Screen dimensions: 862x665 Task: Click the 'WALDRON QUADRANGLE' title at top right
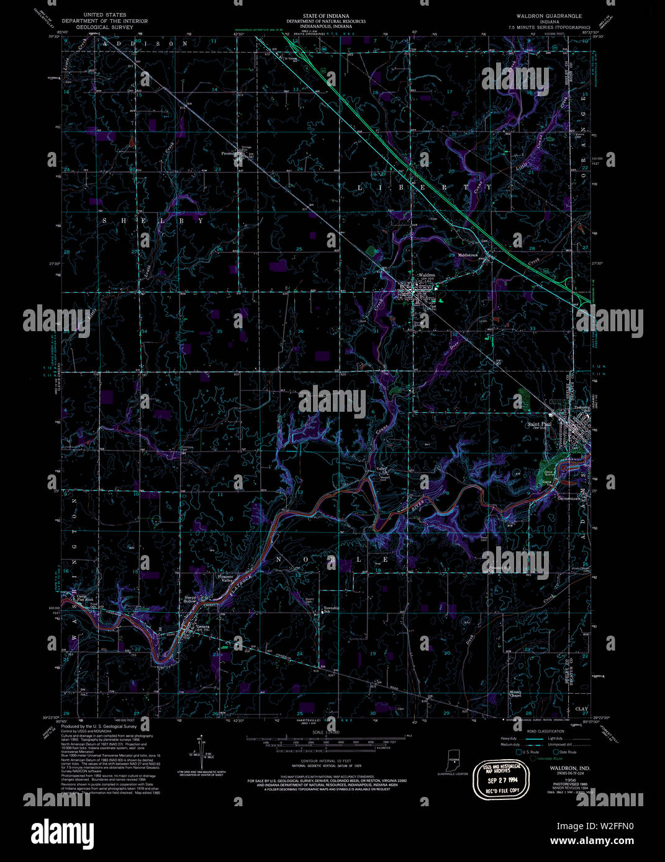pos(544,16)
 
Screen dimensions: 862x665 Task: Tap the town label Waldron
pos(427,275)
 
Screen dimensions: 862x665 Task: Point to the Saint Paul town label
pos(538,425)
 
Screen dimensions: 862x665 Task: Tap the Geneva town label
pos(203,626)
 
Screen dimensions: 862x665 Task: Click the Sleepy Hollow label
pos(189,598)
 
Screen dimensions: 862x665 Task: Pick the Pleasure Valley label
pos(225,579)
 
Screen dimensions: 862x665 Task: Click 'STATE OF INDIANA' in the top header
pos(325,16)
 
